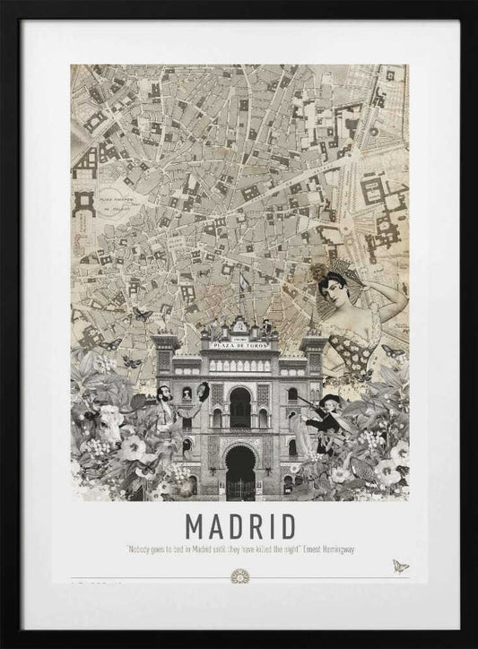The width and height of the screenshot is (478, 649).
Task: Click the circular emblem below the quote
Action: pos(239,575)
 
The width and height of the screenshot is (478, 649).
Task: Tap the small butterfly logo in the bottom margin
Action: pos(399,567)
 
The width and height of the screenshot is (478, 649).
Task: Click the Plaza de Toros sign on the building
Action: pos(239,343)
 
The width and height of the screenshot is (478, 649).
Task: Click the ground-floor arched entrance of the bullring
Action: pos(239,471)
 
